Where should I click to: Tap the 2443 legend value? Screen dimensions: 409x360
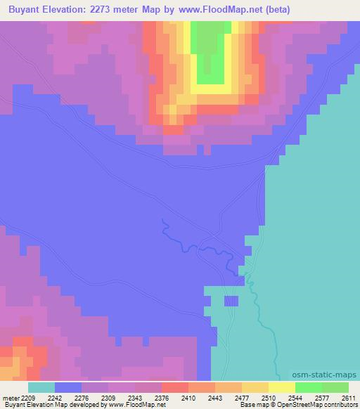(215, 397)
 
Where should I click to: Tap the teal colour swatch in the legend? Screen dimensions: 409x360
(41, 387)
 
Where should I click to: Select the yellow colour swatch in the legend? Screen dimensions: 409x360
(282, 387)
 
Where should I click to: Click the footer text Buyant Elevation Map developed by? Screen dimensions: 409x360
(53, 405)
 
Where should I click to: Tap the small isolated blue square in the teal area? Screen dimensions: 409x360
(231, 301)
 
